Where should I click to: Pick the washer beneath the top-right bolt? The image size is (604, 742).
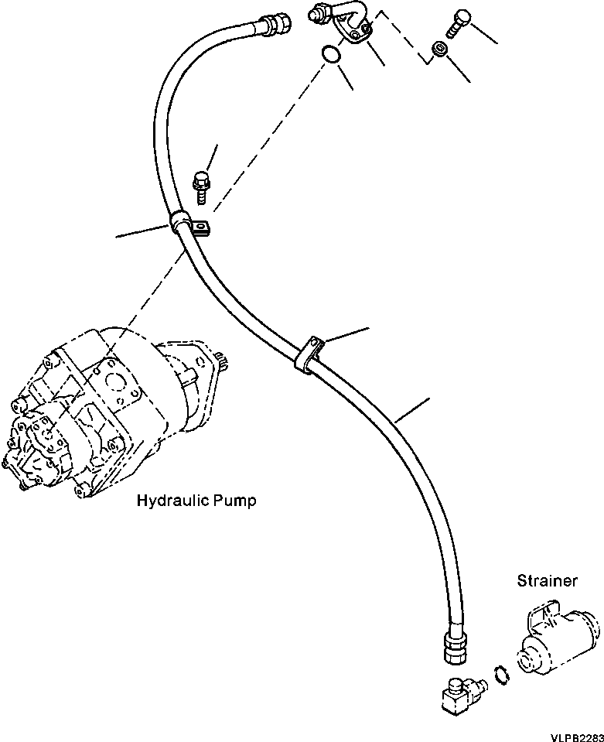438,50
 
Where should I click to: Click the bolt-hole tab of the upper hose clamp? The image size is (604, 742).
203,227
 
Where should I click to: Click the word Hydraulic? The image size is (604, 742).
168,501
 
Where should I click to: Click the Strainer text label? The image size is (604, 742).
547,580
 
